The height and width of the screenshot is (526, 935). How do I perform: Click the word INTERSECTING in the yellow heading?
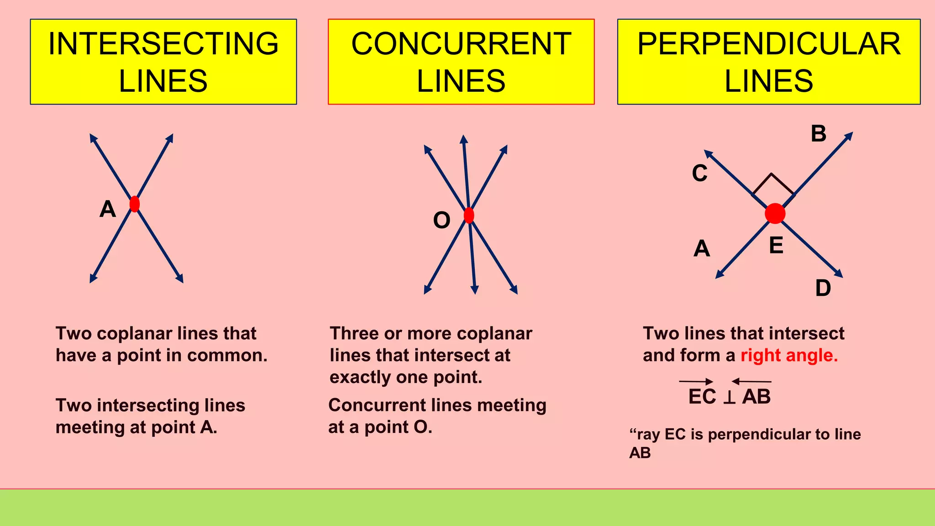pyautogui.click(x=163, y=44)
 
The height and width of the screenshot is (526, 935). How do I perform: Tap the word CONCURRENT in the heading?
pyautogui.click(x=461, y=44)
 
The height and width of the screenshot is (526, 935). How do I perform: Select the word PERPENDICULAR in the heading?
pyautogui.click(x=769, y=44)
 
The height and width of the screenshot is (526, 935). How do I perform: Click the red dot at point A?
pyautogui.click(x=134, y=204)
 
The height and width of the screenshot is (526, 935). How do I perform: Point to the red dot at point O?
pyautogui.click(x=469, y=215)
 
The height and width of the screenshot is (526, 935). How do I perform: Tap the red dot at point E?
pyautogui.click(x=775, y=213)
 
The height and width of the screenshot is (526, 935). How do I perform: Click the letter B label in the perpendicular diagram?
pyautogui.click(x=819, y=134)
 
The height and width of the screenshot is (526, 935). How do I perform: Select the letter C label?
pyautogui.click(x=699, y=174)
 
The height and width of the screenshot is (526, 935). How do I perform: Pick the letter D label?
pyautogui.click(x=823, y=288)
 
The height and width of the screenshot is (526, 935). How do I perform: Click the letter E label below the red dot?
pyautogui.click(x=776, y=246)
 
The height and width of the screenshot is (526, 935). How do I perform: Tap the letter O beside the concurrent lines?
pyautogui.click(x=441, y=221)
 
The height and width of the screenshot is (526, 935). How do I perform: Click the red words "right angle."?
pyautogui.click(x=789, y=355)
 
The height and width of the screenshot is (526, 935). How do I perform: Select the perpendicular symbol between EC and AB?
pyautogui.click(x=730, y=397)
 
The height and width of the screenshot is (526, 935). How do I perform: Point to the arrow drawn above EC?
pyautogui.click(x=696, y=381)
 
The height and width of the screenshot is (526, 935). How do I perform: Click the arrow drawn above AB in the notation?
pyautogui.click(x=751, y=381)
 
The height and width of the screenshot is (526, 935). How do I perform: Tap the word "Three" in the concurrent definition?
pyautogui.click(x=354, y=334)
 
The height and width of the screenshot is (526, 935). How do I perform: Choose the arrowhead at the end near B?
pyautogui.click(x=849, y=136)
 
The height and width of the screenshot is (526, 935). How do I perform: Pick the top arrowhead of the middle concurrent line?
pyautogui.click(x=464, y=139)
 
